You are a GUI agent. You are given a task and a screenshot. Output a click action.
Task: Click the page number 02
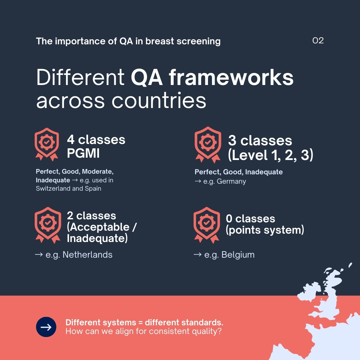tap(318, 41)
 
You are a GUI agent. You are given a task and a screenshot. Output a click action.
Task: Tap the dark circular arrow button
tap(46, 327)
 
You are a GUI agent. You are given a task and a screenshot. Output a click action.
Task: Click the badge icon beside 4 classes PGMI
tap(47, 144)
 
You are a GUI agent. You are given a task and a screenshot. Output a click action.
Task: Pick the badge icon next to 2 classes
tap(48, 225)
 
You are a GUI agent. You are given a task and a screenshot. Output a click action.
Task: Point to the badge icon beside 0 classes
tap(207, 225)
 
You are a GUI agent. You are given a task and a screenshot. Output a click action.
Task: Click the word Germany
tap(231, 181)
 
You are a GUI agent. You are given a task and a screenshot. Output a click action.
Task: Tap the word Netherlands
tap(87, 255)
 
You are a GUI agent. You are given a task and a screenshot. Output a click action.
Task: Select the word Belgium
tap(238, 255)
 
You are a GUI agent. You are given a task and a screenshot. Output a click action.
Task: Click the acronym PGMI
tap(83, 153)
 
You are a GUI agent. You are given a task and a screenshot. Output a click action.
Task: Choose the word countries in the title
tap(159, 101)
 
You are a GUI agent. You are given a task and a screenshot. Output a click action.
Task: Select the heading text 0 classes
tap(250, 218)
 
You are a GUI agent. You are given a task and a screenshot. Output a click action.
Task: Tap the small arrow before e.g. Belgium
tap(198, 254)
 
